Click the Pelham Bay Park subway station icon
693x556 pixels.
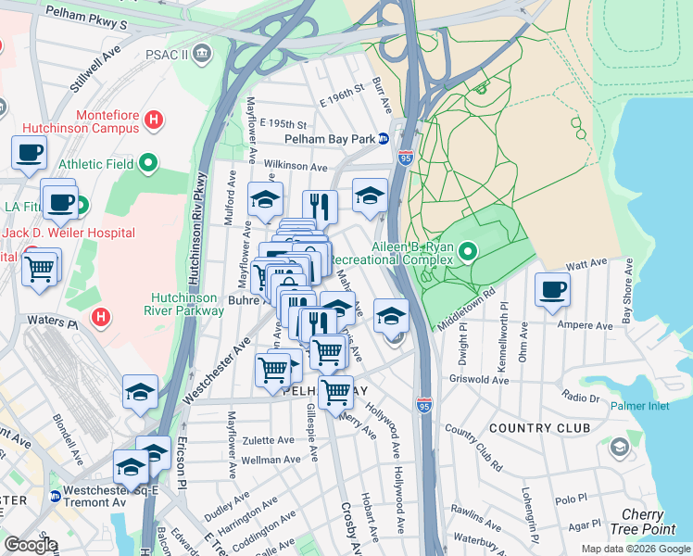tap(406, 139)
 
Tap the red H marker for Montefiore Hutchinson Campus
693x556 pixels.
tap(155, 120)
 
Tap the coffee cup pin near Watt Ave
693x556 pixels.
tap(553, 289)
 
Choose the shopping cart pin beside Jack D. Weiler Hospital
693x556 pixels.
tap(41, 270)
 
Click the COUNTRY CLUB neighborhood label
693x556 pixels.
tap(539, 428)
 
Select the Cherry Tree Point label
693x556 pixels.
tap(642, 521)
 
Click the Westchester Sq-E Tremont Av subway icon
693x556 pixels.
tap(57, 496)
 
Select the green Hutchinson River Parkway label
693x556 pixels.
tap(188, 304)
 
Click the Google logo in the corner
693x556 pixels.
tap(31, 545)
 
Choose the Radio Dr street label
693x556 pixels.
tap(581, 398)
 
